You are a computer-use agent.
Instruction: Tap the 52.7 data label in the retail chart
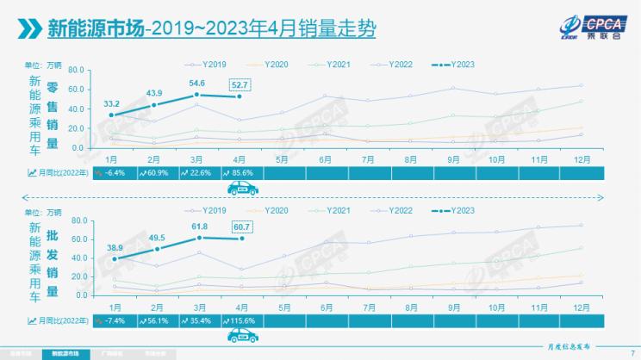(x=240, y=84)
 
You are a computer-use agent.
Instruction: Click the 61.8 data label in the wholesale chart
(x=199, y=225)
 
